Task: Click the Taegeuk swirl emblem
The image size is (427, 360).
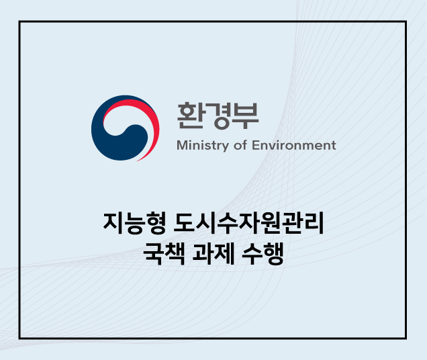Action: tap(126, 128)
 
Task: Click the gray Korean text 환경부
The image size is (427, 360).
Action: tap(218, 116)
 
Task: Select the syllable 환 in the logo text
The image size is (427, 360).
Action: tap(190, 116)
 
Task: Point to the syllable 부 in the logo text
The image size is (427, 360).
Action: tap(245, 116)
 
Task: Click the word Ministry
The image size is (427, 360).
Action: tap(203, 146)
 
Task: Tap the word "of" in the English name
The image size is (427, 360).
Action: tap(240, 145)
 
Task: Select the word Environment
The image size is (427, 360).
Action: tap(294, 145)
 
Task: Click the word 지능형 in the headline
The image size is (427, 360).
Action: tap(134, 223)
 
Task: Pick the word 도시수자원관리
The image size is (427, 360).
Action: tap(248, 223)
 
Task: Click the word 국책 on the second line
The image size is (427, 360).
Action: tap(164, 253)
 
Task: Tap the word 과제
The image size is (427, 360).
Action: tap(213, 253)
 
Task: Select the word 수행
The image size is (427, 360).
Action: tap(263, 253)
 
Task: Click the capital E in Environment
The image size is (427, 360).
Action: tap(256, 145)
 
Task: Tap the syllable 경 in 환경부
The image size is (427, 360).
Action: tap(218, 116)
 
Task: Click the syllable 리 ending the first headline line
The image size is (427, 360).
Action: tap(314, 223)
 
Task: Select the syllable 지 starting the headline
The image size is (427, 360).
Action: tap(113, 223)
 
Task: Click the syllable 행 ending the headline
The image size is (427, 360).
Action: tap(274, 253)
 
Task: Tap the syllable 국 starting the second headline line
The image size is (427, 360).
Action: tap(153, 253)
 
